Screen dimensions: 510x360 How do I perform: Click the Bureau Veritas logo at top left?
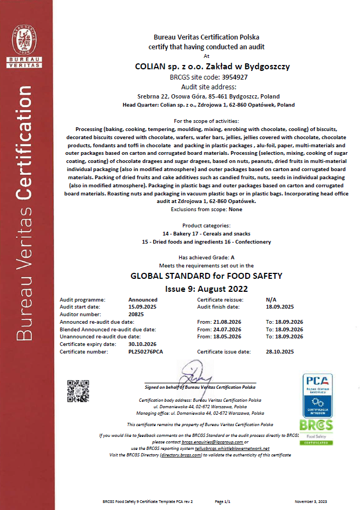coord(27,45)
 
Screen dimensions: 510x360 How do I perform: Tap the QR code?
coord(77,390)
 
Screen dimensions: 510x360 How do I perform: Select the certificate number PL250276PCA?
coord(145,351)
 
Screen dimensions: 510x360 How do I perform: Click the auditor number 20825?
coord(136,314)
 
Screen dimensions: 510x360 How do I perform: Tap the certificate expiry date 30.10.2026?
coord(142,344)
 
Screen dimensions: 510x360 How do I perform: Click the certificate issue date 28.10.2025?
coord(280,351)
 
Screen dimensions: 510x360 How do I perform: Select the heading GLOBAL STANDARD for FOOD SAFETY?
coord(206,276)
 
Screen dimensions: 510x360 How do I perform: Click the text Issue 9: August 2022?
coord(206,288)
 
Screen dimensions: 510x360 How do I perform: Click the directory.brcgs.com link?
coord(181,455)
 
